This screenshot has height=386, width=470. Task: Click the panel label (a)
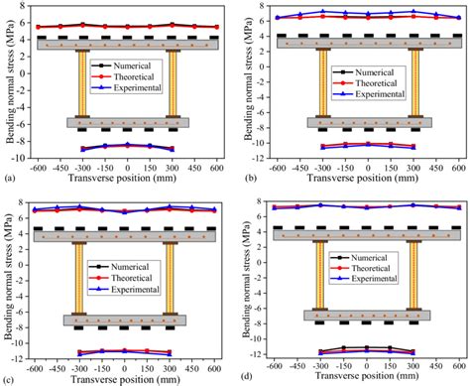(x=9, y=179)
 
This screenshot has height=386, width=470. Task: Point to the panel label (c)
(x=9, y=379)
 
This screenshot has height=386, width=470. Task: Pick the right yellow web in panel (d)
(x=413, y=274)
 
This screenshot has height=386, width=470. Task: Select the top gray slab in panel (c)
(x=124, y=235)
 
